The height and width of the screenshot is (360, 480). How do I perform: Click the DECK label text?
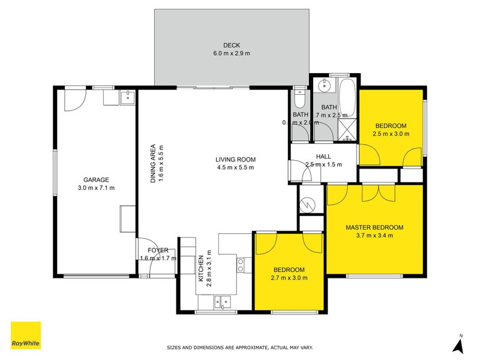(x=232, y=45)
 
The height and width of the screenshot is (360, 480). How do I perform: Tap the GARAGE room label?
(x=96, y=179)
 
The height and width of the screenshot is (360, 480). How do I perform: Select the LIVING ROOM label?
(x=236, y=160)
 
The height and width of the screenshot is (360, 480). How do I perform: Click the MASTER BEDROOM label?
(x=374, y=227)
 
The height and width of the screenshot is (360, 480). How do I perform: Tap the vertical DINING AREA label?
(x=153, y=163)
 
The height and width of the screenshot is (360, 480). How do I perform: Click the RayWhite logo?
(x=26, y=335)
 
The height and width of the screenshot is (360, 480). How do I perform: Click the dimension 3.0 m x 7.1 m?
(x=96, y=188)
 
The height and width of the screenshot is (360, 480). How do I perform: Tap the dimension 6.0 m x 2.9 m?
(x=232, y=53)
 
